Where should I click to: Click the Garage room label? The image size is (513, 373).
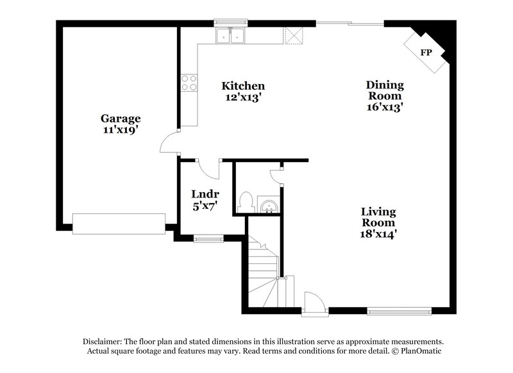[x=121, y=118]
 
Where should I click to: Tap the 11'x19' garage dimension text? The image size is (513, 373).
[x=121, y=130]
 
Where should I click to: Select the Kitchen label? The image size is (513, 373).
[x=243, y=85]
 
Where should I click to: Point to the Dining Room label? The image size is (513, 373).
[x=385, y=90]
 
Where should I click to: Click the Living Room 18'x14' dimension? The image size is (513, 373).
[x=378, y=235]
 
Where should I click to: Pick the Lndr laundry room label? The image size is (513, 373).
[x=205, y=194]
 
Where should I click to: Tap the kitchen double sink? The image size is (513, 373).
[x=230, y=36]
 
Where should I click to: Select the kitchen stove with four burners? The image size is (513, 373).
[x=189, y=83]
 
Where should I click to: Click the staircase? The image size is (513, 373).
[x=265, y=272]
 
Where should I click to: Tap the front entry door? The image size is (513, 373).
[x=315, y=303]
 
